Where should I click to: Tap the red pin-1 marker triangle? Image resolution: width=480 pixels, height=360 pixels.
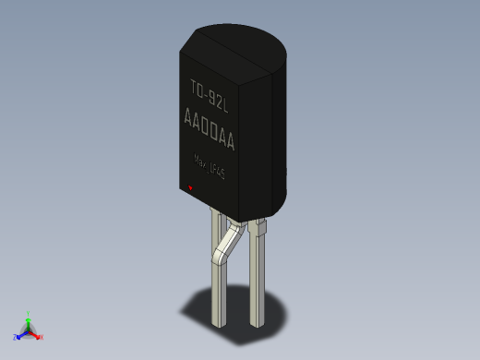coord(190,188)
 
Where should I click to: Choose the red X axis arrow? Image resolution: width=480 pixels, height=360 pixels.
coord(35,333)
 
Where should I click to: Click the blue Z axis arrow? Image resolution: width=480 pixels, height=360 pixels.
coord(22,333)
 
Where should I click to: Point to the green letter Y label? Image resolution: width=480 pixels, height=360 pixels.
coord(30,314)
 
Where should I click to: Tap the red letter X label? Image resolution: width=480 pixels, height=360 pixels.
coord(41,337)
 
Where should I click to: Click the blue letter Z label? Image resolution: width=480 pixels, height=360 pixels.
coord(16,336)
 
